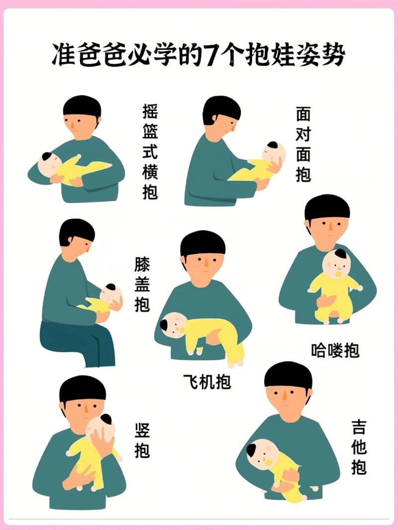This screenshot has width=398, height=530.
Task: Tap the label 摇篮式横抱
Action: pos(150,151)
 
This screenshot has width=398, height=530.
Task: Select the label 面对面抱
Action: pos(303,144)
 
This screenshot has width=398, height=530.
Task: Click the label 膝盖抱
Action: pos(142,285)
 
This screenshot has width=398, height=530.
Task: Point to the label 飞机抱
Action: pos(207,381)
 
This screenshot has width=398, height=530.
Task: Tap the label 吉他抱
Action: pos(358,447)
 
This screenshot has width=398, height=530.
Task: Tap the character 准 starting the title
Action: pos(64,55)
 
